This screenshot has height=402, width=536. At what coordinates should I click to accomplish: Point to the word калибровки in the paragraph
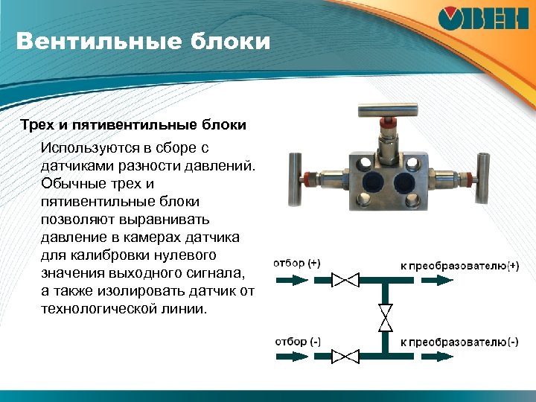coord(103,255)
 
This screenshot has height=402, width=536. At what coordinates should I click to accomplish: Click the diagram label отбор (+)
coord(297,264)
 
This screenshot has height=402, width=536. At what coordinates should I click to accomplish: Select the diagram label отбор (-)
coord(297,341)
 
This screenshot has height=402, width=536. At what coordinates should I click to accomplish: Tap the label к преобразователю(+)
coord(460,264)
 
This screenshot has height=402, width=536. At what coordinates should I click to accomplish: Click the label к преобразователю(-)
coord(460,342)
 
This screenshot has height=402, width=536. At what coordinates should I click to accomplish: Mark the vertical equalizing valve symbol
coord(386,318)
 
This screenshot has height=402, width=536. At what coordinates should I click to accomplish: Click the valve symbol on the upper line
coord(345,281)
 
